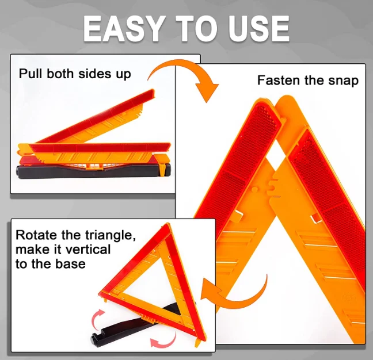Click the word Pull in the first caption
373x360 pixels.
[29, 74]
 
